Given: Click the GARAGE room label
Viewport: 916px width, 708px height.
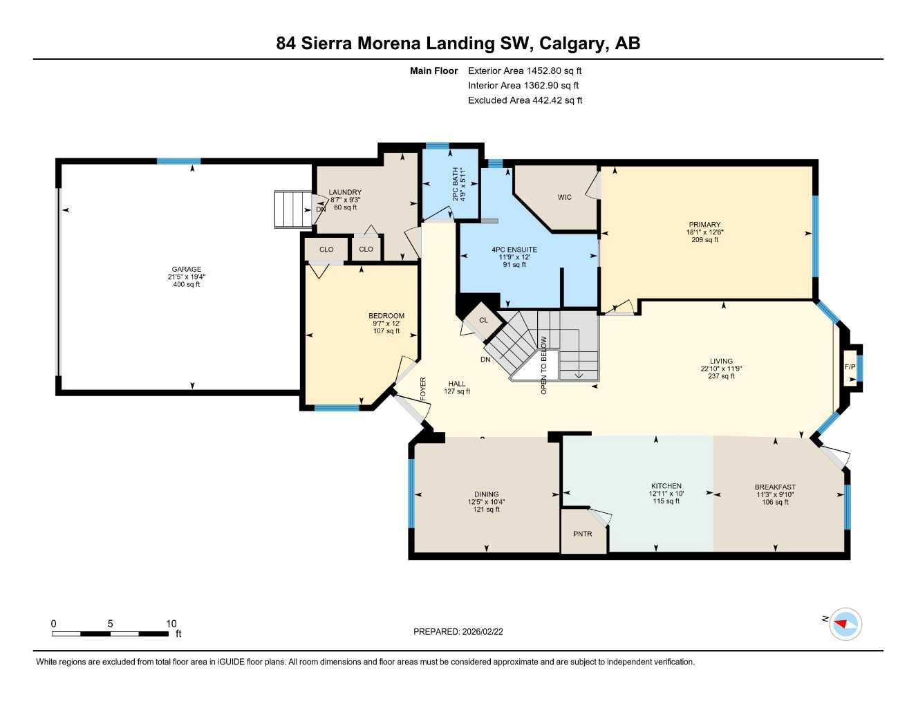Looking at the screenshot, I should coord(187,270).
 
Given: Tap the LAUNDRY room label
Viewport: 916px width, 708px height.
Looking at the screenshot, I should coord(345,193).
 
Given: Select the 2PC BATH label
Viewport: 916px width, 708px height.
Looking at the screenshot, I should coord(456,185).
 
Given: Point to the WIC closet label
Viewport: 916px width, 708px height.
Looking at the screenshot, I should coord(565,198).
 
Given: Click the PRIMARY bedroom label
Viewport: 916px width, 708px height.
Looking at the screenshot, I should coord(704,225).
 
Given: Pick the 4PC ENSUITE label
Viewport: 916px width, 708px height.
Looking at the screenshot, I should coord(514,250).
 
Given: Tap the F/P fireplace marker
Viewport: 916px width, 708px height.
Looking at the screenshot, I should coord(850,366).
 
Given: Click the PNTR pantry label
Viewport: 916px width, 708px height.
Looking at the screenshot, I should coord(583,534).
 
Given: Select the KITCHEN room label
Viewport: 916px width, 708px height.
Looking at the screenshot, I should coord(666,486).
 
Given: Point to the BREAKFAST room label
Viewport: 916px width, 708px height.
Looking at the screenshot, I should coord(774,487).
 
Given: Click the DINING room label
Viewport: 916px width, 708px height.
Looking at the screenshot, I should coord(487,494).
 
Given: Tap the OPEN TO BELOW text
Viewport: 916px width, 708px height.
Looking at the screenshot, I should coord(544,365).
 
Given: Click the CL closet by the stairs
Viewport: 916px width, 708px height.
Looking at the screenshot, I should coord(483,320).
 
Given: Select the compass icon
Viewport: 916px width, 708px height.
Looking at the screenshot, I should coord(845,624).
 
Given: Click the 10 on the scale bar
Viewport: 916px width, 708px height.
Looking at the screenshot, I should coord(171,624).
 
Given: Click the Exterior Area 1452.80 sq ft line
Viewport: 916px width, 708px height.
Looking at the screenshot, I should coord(525,71).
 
